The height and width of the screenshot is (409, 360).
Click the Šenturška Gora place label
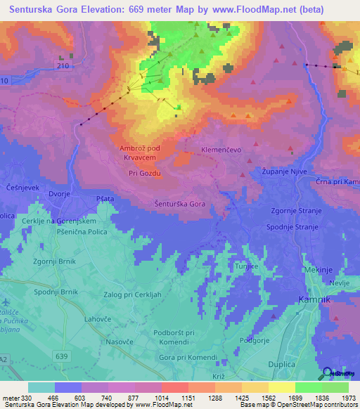pos(179,204)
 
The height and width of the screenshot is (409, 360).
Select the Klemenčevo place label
pos(221,150)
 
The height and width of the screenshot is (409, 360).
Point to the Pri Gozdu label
pos(145,173)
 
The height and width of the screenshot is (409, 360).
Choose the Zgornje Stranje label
pos(296,211)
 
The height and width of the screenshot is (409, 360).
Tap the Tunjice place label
pos(247,268)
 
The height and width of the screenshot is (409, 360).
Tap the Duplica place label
pos(283,365)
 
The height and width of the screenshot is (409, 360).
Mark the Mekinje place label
pos(319,270)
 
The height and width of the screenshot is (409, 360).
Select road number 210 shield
pos(65,65)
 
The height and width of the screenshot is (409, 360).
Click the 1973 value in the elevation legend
pos(348,398)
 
